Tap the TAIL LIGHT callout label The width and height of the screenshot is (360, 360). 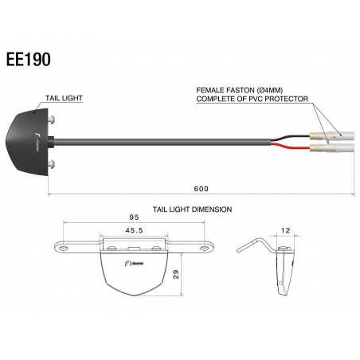coord(65,98)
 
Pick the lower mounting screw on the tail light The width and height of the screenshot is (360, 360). coord(53,164)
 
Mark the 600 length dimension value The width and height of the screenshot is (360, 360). coord(201,189)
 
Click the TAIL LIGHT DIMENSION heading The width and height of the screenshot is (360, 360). coord(192,209)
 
